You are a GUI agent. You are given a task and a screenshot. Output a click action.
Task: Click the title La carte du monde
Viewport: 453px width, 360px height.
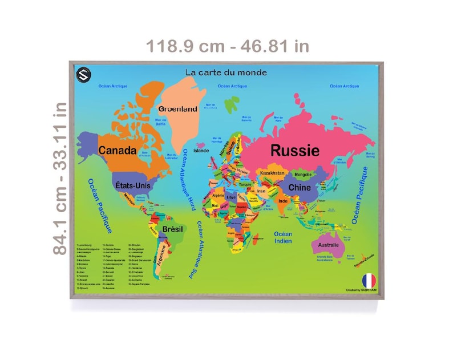point(226,72)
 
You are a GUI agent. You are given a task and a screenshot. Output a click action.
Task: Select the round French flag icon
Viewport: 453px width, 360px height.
point(369,280)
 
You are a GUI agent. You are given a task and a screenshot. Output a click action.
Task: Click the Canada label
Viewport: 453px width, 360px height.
point(117,151)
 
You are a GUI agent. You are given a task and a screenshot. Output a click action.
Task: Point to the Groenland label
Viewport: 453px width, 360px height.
point(178,109)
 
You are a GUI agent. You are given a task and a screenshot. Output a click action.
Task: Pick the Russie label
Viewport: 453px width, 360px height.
point(294,151)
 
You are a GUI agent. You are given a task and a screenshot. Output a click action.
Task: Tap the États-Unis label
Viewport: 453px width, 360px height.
point(132,185)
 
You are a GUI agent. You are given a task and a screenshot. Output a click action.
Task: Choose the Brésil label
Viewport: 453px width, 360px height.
point(172,229)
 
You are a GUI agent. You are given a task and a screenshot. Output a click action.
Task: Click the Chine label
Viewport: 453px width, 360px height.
point(300,187)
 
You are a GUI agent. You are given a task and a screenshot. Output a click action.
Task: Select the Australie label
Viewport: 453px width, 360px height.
point(327,245)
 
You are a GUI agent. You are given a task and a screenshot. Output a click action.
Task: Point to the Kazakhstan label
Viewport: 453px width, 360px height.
point(272,172)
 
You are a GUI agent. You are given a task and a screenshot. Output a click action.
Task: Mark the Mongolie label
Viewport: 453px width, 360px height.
point(302,174)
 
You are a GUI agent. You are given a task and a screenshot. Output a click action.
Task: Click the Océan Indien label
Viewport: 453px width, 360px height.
point(283,237)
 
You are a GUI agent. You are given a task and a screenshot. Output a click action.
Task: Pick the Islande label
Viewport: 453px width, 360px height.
point(201,151)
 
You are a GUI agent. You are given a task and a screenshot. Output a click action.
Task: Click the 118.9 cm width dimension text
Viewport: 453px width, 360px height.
point(228,46)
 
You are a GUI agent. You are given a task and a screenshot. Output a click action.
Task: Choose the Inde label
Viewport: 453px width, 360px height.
point(283,201)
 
